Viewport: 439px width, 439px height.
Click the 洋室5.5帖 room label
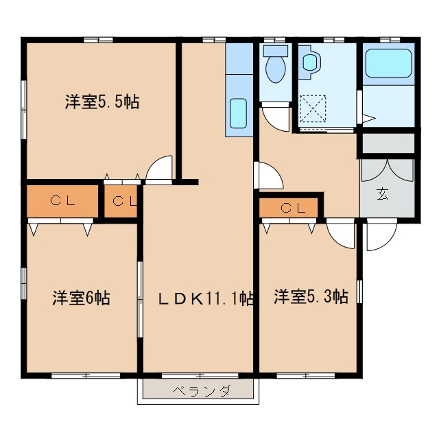(102, 103)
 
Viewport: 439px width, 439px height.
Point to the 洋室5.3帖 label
(311, 297)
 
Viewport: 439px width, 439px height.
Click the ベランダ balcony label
(200, 391)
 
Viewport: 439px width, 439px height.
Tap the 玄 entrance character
(381, 193)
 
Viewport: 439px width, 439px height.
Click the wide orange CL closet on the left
(63, 201)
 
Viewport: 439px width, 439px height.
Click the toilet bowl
(276, 67)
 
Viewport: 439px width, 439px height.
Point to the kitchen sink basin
(237, 113)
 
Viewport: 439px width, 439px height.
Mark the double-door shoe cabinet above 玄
(388, 171)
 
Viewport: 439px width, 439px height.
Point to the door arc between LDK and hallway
(268, 176)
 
